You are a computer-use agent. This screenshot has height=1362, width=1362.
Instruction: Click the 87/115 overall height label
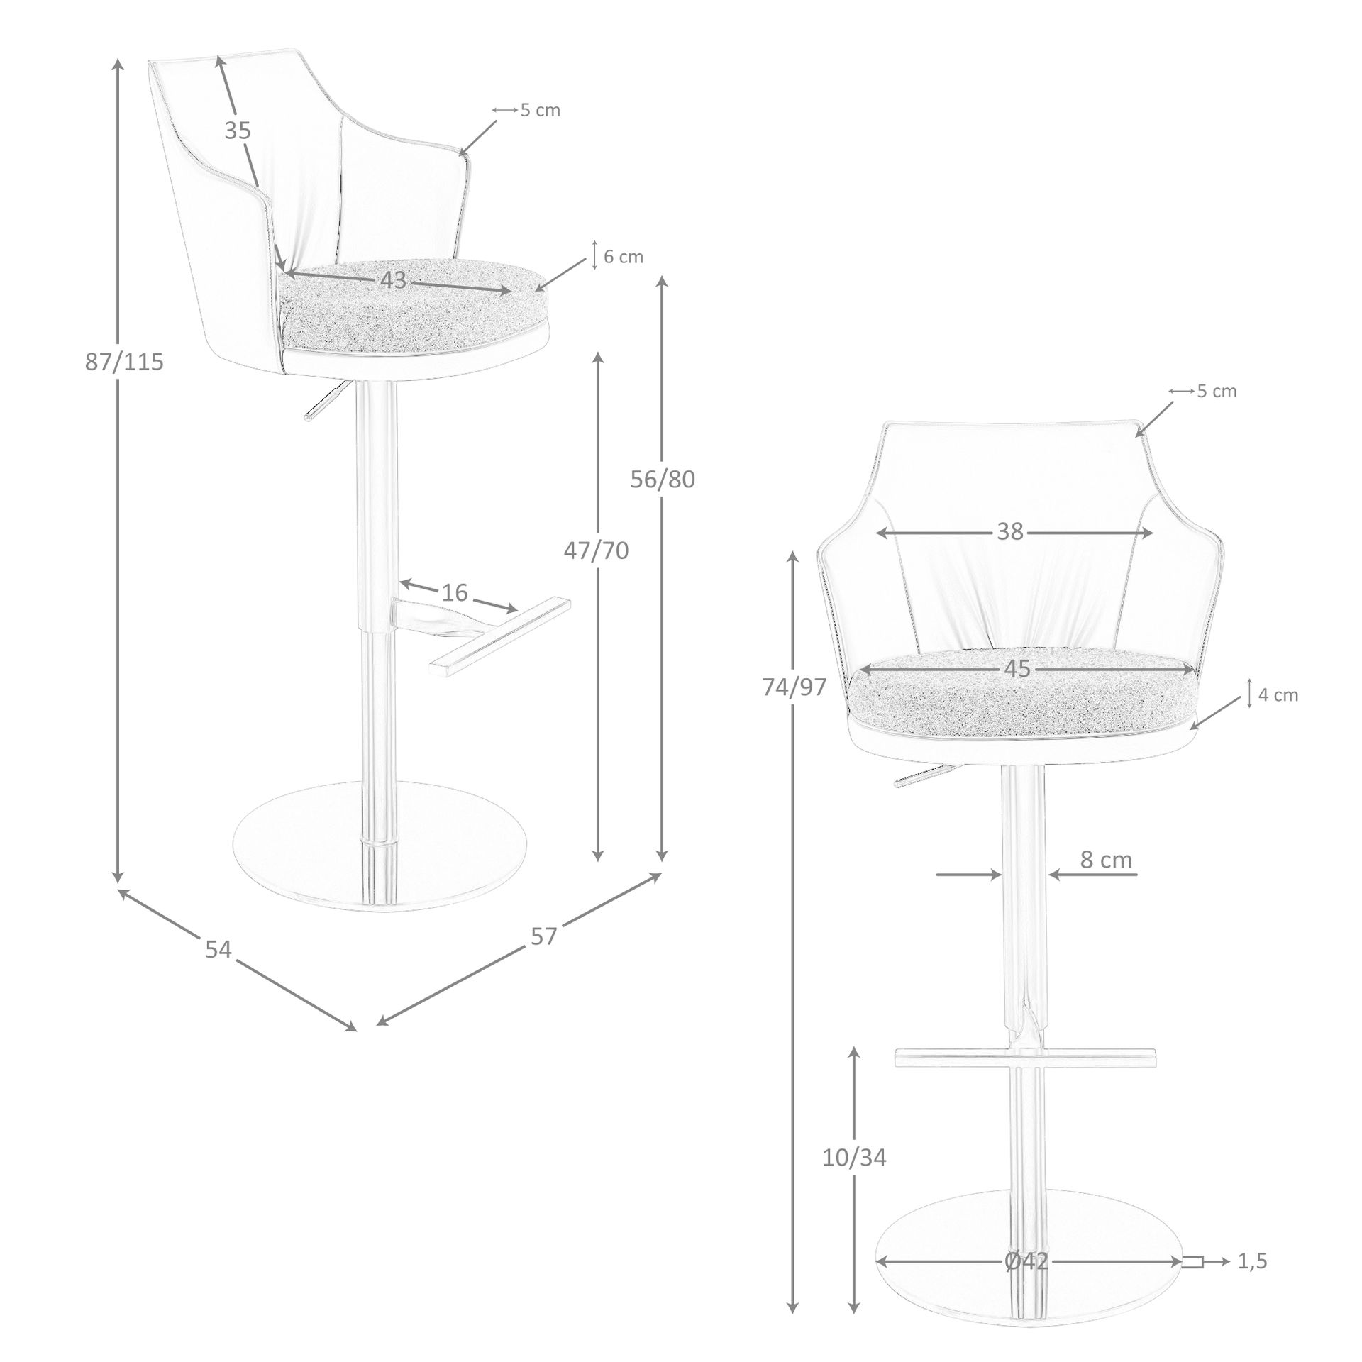(x=124, y=362)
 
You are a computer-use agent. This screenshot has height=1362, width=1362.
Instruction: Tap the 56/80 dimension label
(x=663, y=480)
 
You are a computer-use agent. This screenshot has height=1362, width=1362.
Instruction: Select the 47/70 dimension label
(x=596, y=550)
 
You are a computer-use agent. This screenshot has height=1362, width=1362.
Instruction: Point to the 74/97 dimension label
(x=794, y=687)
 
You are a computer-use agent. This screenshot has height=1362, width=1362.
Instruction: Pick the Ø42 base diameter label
(x=1026, y=1261)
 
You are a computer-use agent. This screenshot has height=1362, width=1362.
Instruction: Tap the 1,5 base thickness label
(x=1252, y=1261)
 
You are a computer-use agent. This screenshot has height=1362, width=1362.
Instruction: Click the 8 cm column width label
(x=1106, y=859)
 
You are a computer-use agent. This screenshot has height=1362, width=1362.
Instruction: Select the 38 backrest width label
(x=1011, y=531)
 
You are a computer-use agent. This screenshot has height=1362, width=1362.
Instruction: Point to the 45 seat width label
(x=1017, y=668)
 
